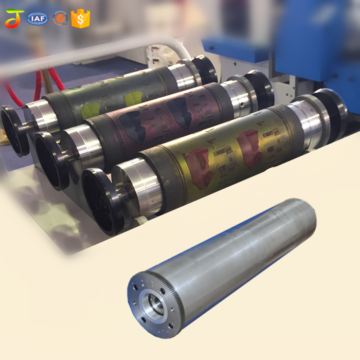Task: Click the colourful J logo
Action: click(14, 19)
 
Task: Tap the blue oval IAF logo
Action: click(38, 19)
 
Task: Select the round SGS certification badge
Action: click(61, 19)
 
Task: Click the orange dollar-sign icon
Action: click(80, 19)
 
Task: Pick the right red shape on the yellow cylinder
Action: click(252, 150)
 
